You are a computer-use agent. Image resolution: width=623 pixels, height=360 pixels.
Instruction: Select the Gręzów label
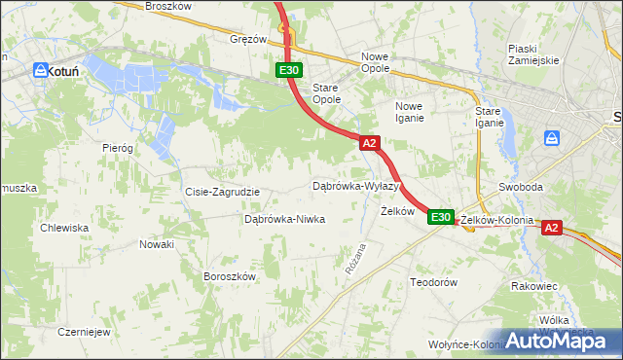(x=248, y=40)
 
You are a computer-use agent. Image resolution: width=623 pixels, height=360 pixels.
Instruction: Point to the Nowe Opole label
(x=375, y=62)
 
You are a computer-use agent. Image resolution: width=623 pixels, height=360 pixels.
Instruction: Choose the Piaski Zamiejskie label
(x=533, y=54)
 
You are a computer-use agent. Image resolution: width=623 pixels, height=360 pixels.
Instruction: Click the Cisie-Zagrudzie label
(x=222, y=192)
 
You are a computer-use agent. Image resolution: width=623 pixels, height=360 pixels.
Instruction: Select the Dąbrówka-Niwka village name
(x=284, y=219)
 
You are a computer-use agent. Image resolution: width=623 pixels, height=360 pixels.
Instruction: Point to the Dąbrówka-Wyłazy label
(x=356, y=185)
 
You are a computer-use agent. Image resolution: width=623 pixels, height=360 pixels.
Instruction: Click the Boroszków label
(x=229, y=275)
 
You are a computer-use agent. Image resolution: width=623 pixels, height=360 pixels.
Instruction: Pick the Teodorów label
(x=434, y=281)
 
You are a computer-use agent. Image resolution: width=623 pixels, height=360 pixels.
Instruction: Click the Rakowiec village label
(x=534, y=286)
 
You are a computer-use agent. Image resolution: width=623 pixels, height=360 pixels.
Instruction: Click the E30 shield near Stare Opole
(x=289, y=70)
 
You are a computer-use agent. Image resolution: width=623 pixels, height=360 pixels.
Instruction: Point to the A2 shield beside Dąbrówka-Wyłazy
(x=369, y=143)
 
